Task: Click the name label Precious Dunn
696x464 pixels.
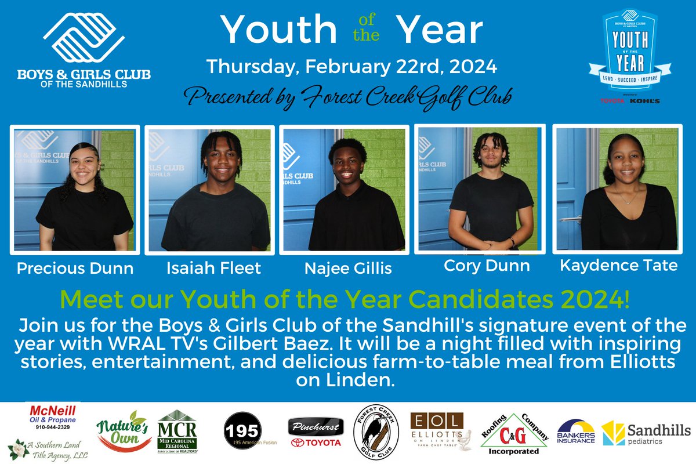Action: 75,269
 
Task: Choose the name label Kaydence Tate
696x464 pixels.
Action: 619,265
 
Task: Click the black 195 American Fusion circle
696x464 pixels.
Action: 242,429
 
